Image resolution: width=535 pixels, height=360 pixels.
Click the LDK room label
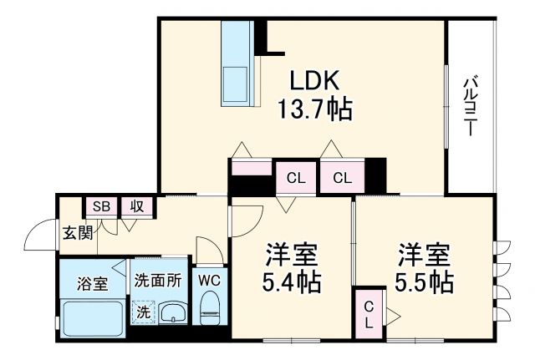click(x=313, y=82)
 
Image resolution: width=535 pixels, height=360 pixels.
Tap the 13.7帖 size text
click(x=313, y=109)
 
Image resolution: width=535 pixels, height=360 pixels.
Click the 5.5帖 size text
click(x=424, y=281)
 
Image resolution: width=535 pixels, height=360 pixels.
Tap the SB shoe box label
click(x=101, y=206)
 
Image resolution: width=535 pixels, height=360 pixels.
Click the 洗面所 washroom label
click(x=158, y=281)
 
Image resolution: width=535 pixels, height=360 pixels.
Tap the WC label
click(x=208, y=281)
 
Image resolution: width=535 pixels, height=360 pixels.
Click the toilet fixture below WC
click(x=209, y=309)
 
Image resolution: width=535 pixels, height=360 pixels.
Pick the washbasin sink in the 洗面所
click(x=173, y=313)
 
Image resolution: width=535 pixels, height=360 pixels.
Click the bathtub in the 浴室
click(x=91, y=320)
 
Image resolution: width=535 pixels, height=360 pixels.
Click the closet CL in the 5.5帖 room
click(x=368, y=314)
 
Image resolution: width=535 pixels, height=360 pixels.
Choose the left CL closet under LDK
click(x=296, y=177)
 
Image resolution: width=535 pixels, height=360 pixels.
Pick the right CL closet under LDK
click(x=341, y=177)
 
